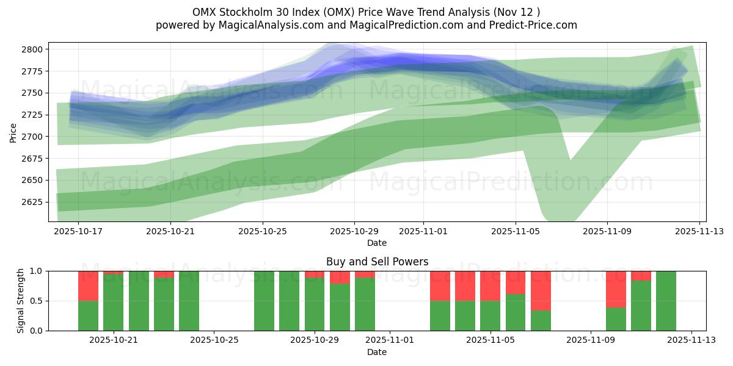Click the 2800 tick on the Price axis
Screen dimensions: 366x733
tap(34, 49)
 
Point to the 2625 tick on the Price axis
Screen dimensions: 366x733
tap(34, 202)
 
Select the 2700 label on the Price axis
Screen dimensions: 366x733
tap(34, 137)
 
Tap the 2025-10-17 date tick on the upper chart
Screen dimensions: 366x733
tap(79, 232)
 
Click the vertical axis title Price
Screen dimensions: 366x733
tap(13, 132)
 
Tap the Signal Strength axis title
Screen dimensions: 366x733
tap(21, 301)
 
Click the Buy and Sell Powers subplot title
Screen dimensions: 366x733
tap(377, 262)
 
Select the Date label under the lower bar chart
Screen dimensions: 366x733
tap(377, 352)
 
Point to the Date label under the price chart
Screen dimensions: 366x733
tap(377, 243)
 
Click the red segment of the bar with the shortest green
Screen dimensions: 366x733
tap(541, 290)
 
